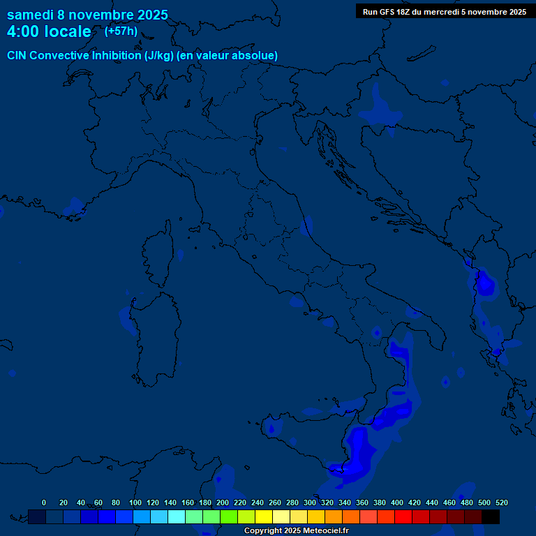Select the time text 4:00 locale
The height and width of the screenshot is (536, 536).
pyautogui.click(x=49, y=31)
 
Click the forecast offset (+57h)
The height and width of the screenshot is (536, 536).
pyautogui.click(x=121, y=31)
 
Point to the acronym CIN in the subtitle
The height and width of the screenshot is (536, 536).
pyautogui.click(x=17, y=55)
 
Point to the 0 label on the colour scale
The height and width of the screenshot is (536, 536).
pyautogui.click(x=44, y=502)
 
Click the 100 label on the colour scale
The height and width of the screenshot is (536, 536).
pyautogui.click(x=135, y=502)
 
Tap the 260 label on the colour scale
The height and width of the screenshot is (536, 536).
pyautogui.click(x=275, y=502)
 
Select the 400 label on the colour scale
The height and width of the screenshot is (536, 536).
pyautogui.click(x=397, y=502)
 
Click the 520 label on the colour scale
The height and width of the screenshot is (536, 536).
pyautogui.click(x=502, y=502)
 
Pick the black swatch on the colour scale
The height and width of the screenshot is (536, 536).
pyautogui.click(x=491, y=517)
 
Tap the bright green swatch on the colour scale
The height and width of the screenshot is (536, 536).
pyautogui.click(x=229, y=517)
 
